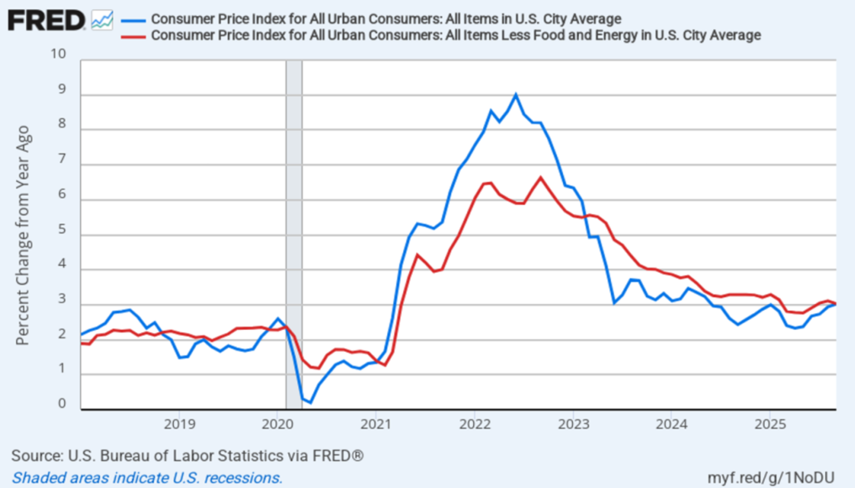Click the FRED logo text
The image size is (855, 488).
pos(46,21)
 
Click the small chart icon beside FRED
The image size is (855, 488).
pos(102,20)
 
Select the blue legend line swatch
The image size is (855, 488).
pos(133,20)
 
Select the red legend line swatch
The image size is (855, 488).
pos(133,36)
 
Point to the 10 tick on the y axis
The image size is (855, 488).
pos(58,54)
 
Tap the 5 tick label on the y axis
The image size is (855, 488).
pos(62,229)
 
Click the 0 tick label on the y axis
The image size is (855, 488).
pos(62,404)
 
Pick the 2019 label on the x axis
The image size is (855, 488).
pos(180,424)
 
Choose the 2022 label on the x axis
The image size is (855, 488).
pos(475,424)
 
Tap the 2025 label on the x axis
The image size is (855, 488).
pos(770,424)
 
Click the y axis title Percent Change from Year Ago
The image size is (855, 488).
pos(23,235)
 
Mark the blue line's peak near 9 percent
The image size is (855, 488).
pos(516,95)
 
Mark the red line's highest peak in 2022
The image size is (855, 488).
pos(541,178)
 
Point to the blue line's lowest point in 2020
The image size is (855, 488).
pos(311,402)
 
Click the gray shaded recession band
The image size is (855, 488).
pos(294,192)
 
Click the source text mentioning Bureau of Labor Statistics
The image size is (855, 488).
pos(187,455)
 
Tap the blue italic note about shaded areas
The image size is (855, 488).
pos(147,478)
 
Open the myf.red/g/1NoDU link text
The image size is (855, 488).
pos(771,477)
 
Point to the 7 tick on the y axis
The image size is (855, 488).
pos(62,159)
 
